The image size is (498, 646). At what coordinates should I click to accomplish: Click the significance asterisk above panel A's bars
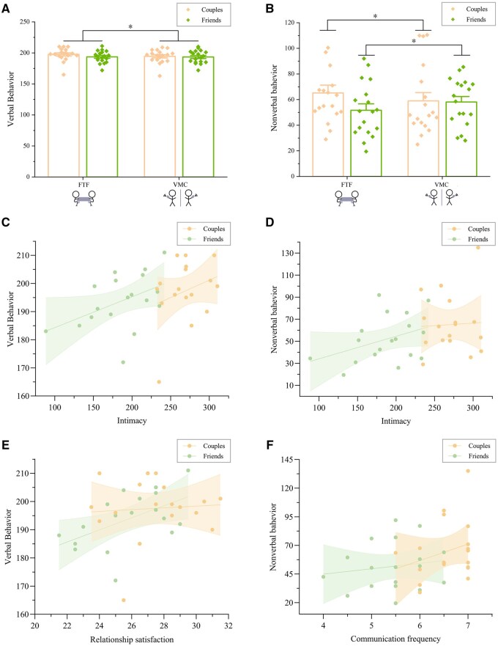[x=131, y=27]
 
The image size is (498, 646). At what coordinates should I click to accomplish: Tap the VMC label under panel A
[x=179, y=186]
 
